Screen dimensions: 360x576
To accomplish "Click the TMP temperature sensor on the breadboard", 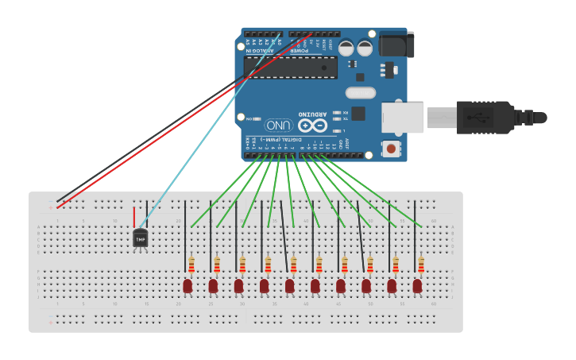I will click(140, 237).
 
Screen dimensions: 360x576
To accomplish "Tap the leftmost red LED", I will click(187, 285).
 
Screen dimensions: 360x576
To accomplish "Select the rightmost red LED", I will click(417, 285).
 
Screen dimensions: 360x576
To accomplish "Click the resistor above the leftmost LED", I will click(191, 265).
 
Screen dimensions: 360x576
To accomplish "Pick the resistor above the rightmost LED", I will click(420, 265).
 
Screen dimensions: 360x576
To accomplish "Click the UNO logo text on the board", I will click(279, 126).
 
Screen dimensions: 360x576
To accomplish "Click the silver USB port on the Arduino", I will click(401, 118).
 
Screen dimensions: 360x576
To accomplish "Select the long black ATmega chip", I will click(291, 68).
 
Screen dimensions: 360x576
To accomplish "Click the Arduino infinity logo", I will click(313, 126).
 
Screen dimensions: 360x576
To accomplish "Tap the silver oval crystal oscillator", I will click(360, 93).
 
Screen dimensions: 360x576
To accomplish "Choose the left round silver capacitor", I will click(346, 48).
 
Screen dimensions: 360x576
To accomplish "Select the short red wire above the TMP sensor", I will click(133, 217).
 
